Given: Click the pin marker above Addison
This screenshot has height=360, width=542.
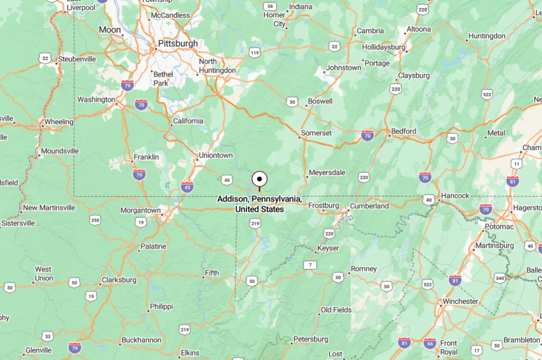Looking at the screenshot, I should [260, 179].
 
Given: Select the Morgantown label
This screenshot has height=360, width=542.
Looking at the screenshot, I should [140, 210].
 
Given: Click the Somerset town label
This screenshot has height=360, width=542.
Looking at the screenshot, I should [317, 133].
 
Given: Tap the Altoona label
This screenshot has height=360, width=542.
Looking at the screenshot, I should [419, 29].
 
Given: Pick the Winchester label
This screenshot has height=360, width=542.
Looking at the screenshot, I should [460, 301].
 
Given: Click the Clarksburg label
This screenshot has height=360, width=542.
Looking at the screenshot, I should [119, 280].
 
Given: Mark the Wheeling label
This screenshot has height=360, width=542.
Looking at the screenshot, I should [59, 122].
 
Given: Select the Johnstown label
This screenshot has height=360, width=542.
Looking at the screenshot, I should [344, 68].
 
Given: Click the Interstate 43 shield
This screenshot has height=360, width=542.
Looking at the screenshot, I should [187, 186].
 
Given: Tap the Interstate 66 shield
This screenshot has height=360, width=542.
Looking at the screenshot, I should [430, 344].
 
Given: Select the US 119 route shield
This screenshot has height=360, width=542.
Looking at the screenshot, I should [255, 53].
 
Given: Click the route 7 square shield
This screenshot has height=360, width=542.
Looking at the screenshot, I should [310, 265].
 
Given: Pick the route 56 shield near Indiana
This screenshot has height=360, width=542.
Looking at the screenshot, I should [270, 6].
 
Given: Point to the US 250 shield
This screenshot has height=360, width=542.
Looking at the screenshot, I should [95, 220].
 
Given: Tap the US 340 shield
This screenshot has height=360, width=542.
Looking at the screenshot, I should [500, 277].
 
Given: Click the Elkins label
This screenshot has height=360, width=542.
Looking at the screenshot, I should [190, 353].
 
